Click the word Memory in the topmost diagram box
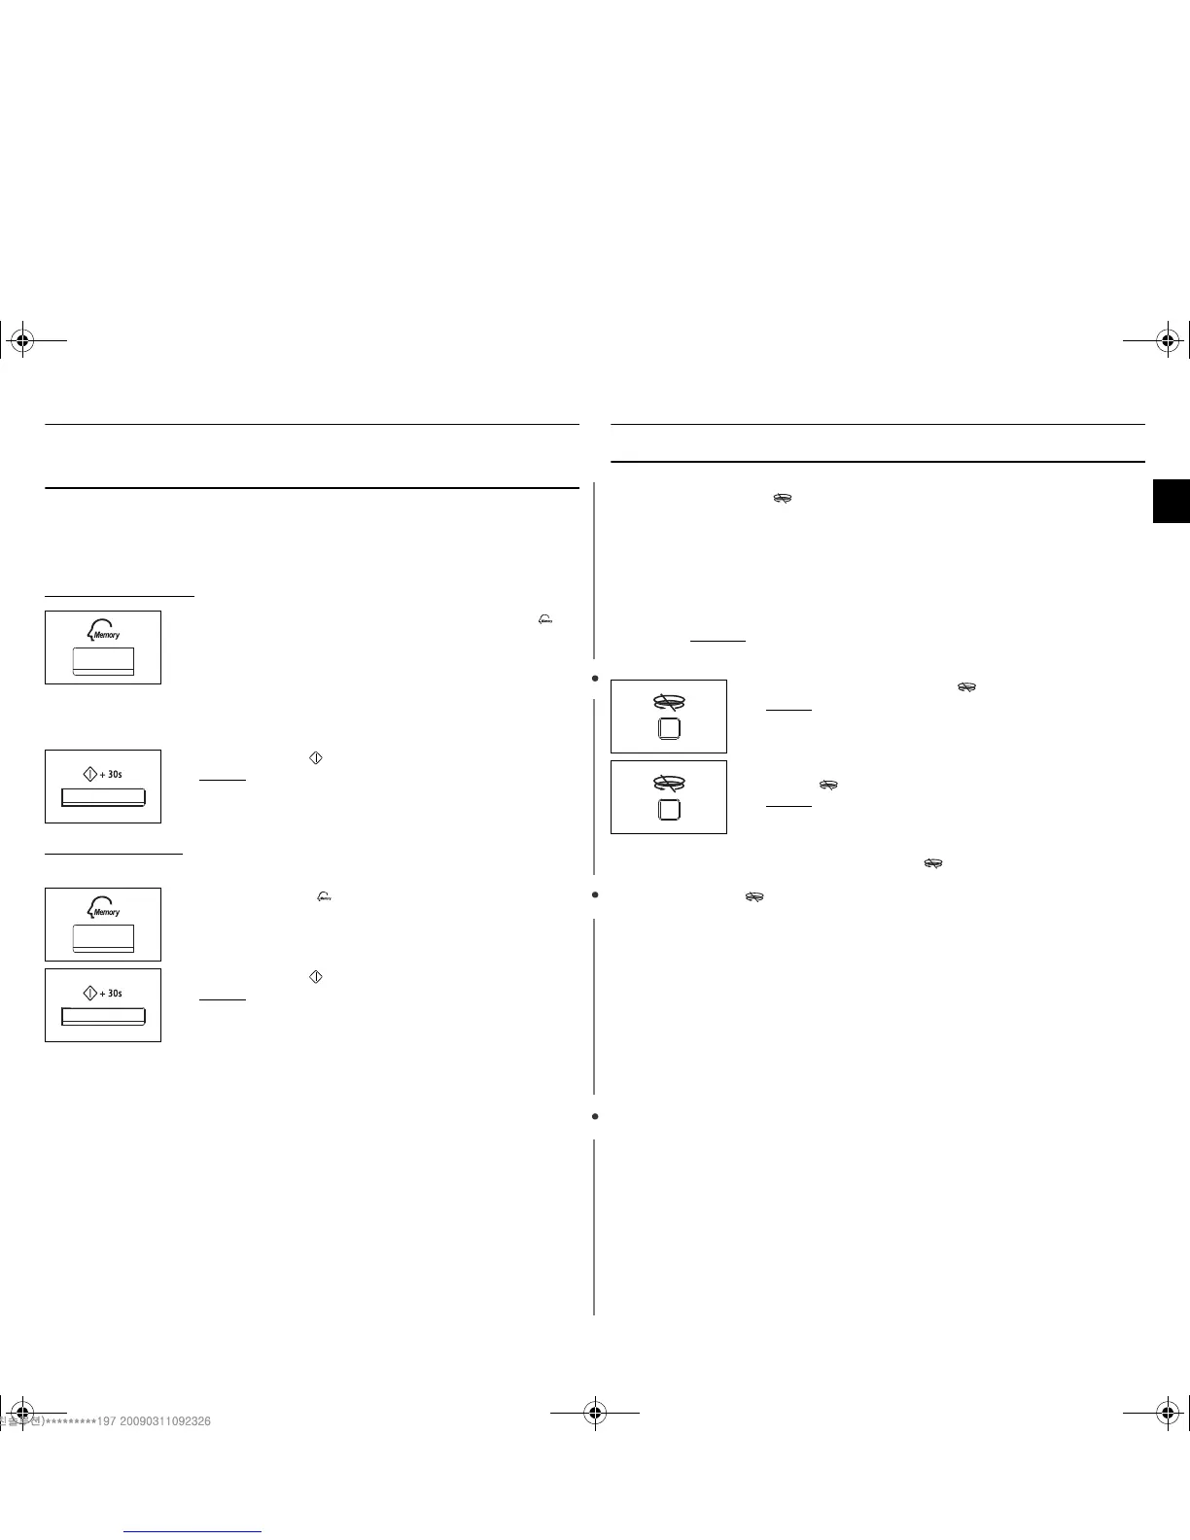(107, 635)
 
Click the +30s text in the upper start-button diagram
(111, 775)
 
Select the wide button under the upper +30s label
(103, 797)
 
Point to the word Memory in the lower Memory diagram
(107, 912)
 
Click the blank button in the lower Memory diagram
(103, 937)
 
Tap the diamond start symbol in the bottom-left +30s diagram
(90, 993)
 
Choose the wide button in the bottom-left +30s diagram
(103, 1016)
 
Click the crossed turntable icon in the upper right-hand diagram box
(669, 701)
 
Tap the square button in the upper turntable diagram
(669, 729)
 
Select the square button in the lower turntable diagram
(669, 810)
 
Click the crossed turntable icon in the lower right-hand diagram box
(669, 782)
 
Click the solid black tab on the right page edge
(1172, 502)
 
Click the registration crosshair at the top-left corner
(21, 340)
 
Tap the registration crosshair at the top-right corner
(1168, 340)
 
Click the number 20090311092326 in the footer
(166, 1421)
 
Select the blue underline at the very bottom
(193, 1531)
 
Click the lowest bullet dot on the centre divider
(594, 1116)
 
